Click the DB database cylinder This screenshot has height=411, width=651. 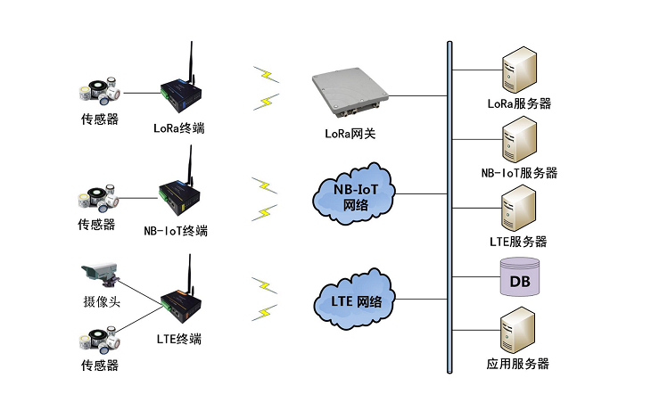coord(520,278)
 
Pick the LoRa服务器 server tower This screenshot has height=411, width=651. coord(519,71)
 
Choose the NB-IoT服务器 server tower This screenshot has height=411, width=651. coord(519,140)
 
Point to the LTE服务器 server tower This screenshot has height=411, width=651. coord(519,209)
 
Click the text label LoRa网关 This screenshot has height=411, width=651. coord(350,133)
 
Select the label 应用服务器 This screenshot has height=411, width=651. coord(518,364)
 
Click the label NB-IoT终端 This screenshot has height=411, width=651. coord(177,231)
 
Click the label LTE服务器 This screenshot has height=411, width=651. coord(518,242)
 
